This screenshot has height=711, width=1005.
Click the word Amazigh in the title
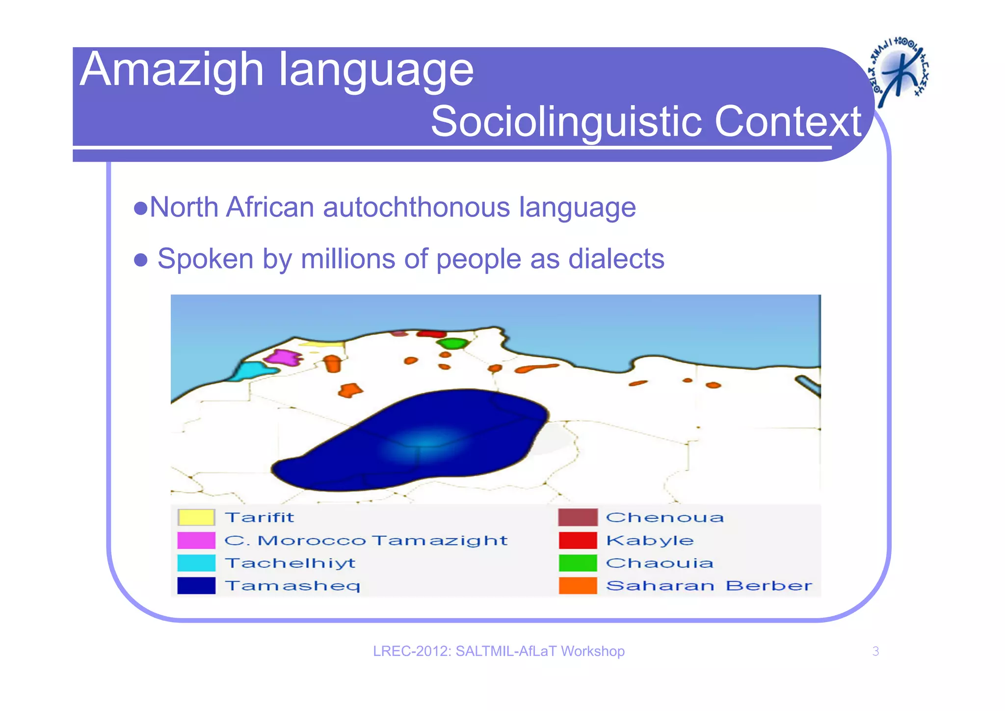coord(172,70)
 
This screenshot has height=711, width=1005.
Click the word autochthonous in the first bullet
coord(416,207)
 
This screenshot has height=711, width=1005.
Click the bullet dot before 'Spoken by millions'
coord(141,260)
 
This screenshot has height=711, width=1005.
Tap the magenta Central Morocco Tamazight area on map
coord(287,357)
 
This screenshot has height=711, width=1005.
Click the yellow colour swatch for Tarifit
coord(196,518)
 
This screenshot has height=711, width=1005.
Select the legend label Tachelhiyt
coord(290,563)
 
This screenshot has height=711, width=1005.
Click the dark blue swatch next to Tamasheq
coord(196,585)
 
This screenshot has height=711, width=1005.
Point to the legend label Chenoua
coord(665,518)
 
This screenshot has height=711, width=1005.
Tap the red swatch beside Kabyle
coord(578,540)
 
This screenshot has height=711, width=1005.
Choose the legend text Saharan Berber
coord(709,585)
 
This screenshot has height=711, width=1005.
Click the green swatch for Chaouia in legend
coord(578,563)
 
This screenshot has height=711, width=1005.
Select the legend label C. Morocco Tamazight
coord(366,540)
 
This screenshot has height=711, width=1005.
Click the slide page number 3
coord(875,651)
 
